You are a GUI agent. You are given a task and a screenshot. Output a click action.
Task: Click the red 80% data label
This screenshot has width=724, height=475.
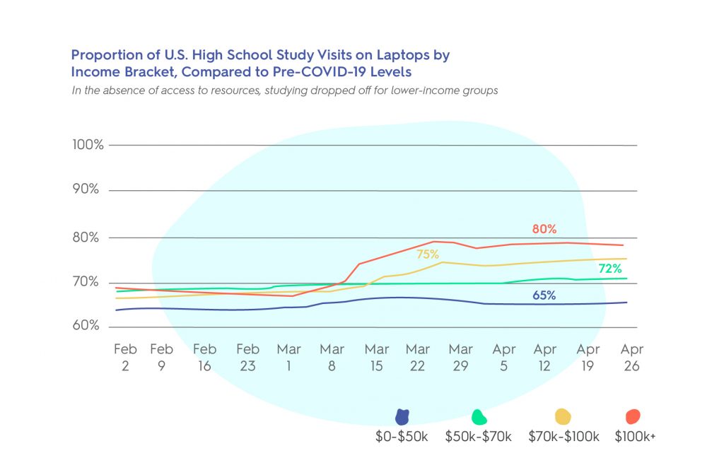point(544,229)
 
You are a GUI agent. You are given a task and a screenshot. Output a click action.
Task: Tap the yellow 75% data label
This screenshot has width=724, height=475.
point(428,254)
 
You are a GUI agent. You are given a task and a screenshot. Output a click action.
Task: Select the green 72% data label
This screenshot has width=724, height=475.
point(609,269)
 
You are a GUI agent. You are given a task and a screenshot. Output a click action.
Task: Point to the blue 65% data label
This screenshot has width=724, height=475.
point(543,295)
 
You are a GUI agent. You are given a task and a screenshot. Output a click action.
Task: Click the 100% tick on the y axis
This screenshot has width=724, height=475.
point(88,145)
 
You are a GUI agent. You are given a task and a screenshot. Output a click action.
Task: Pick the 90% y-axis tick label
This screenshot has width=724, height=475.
point(89,189)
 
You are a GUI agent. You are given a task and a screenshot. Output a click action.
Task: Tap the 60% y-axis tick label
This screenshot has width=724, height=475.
point(89,327)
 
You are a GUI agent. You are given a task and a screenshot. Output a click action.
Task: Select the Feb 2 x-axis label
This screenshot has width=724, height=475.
point(125,358)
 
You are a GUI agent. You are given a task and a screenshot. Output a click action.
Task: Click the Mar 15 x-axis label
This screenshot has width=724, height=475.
point(377,358)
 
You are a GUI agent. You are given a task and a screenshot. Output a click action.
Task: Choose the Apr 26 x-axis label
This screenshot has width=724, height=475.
point(631,358)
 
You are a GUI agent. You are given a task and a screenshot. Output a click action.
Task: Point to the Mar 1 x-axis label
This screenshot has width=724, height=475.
point(288,358)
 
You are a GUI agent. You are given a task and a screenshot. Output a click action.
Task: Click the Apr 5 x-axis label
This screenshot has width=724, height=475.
point(504,358)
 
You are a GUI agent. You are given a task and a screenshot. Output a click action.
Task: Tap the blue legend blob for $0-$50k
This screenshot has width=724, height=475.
point(402,417)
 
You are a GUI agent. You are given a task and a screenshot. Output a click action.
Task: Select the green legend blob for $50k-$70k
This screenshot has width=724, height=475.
point(479,417)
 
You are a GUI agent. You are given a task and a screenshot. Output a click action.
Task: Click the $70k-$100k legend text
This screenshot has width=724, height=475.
point(564,437)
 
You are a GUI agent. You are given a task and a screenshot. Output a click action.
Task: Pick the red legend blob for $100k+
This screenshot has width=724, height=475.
point(633,417)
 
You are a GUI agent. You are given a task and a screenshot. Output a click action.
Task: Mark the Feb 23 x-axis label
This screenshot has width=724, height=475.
point(248,358)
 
